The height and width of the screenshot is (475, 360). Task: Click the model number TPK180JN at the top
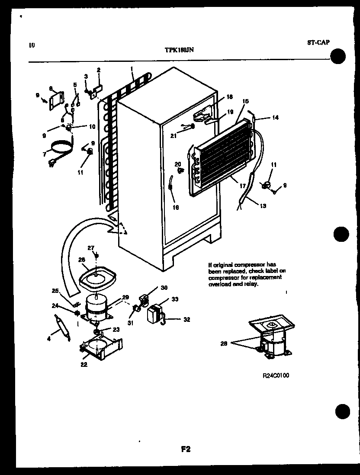179,50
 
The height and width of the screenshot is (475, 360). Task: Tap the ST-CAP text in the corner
318,42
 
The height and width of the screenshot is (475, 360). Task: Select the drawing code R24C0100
276,376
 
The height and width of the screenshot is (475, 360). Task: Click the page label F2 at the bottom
186,449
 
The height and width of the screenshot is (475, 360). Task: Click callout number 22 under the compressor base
84,365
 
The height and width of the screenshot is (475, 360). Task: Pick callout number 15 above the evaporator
245,101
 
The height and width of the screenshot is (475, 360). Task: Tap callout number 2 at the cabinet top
98,70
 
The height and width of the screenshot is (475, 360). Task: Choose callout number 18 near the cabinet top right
229,96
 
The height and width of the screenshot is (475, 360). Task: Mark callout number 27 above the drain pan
91,248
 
